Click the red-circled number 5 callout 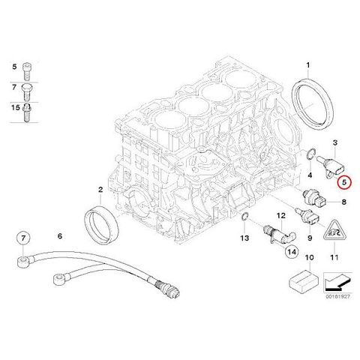tap(344, 182)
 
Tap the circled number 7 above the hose tap(23, 238)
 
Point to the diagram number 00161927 tap(337, 296)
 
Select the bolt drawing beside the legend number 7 tap(27, 92)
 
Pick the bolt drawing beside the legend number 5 tap(27, 71)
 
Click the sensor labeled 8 tap(314, 197)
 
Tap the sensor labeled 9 tap(307, 216)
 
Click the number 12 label tap(280, 215)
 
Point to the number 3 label tap(335, 142)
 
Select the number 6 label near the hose tap(60, 235)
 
